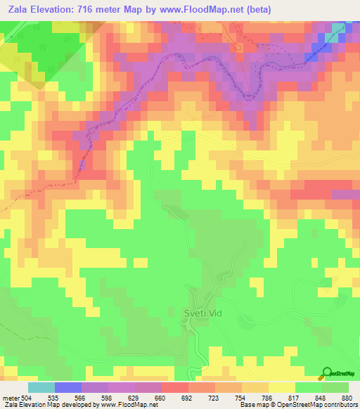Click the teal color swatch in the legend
[x=41, y=387]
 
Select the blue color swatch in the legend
[x=67, y=387]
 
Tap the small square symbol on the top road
[x=238, y=47]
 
